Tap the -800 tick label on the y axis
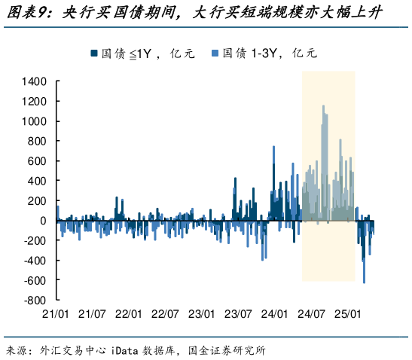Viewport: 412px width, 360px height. [36, 300]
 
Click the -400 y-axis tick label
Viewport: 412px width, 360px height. [36, 261]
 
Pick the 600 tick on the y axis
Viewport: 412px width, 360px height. [39, 161]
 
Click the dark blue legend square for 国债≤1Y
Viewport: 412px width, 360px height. [94, 53]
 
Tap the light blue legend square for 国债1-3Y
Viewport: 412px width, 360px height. [215, 53]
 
